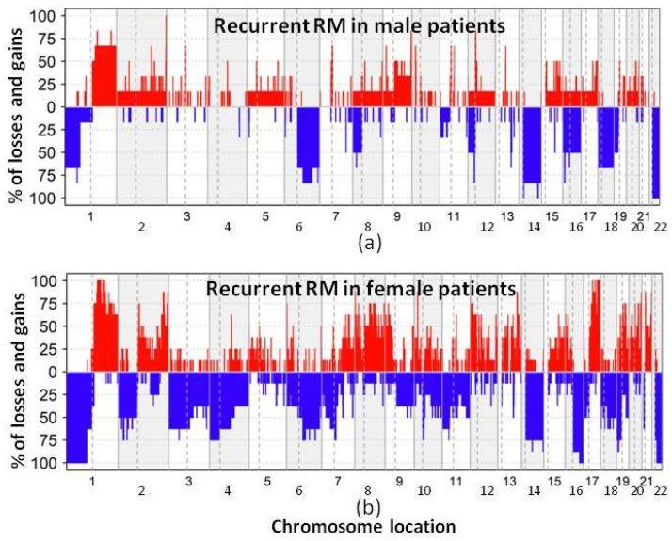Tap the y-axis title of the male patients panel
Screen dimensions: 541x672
click(x=13, y=107)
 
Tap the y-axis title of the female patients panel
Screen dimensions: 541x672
click(x=13, y=373)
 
